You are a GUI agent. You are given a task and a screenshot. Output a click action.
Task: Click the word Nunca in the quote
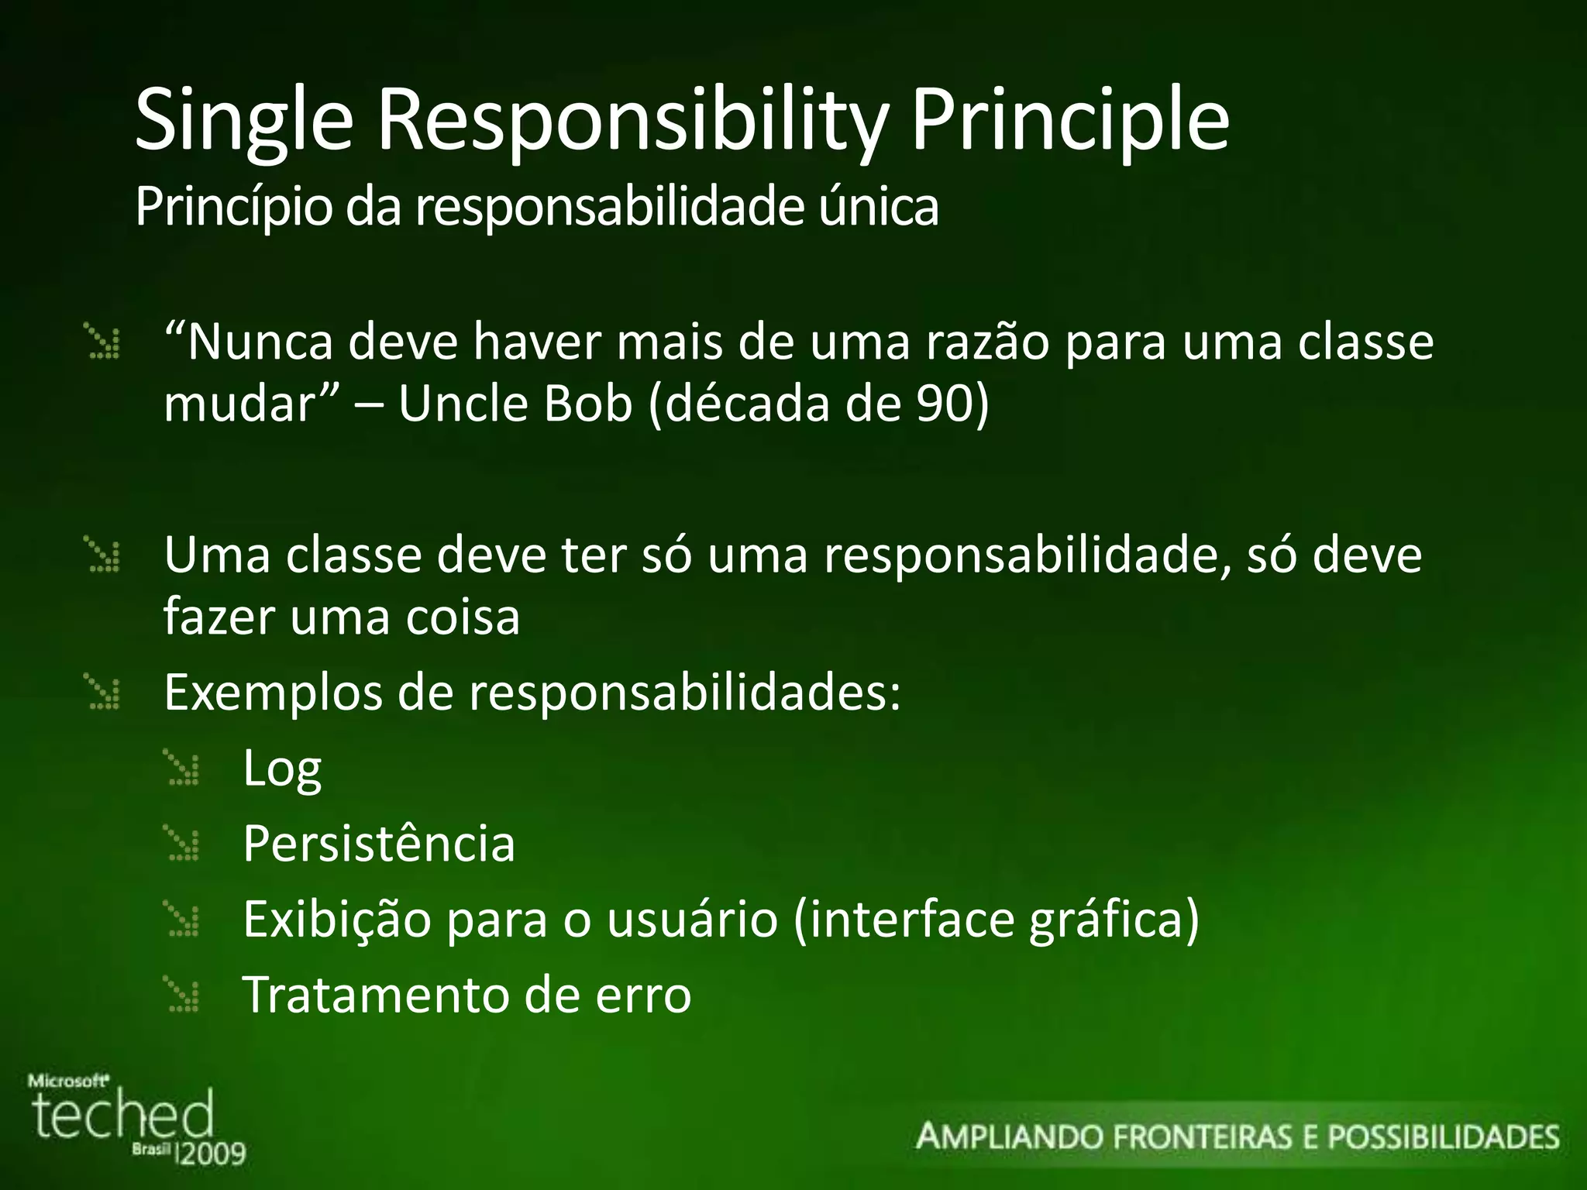point(260,342)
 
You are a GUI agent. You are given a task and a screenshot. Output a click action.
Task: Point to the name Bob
point(588,404)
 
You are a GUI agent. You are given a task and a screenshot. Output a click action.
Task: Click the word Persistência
point(379,844)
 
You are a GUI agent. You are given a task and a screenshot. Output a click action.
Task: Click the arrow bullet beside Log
point(184,769)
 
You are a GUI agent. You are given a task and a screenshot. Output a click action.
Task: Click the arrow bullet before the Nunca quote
point(104,343)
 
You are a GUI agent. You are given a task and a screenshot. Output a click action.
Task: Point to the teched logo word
point(122,1116)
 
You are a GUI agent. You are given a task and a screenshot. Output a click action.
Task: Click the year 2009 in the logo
point(212,1154)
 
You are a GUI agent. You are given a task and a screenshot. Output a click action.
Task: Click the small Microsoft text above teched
point(68,1081)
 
